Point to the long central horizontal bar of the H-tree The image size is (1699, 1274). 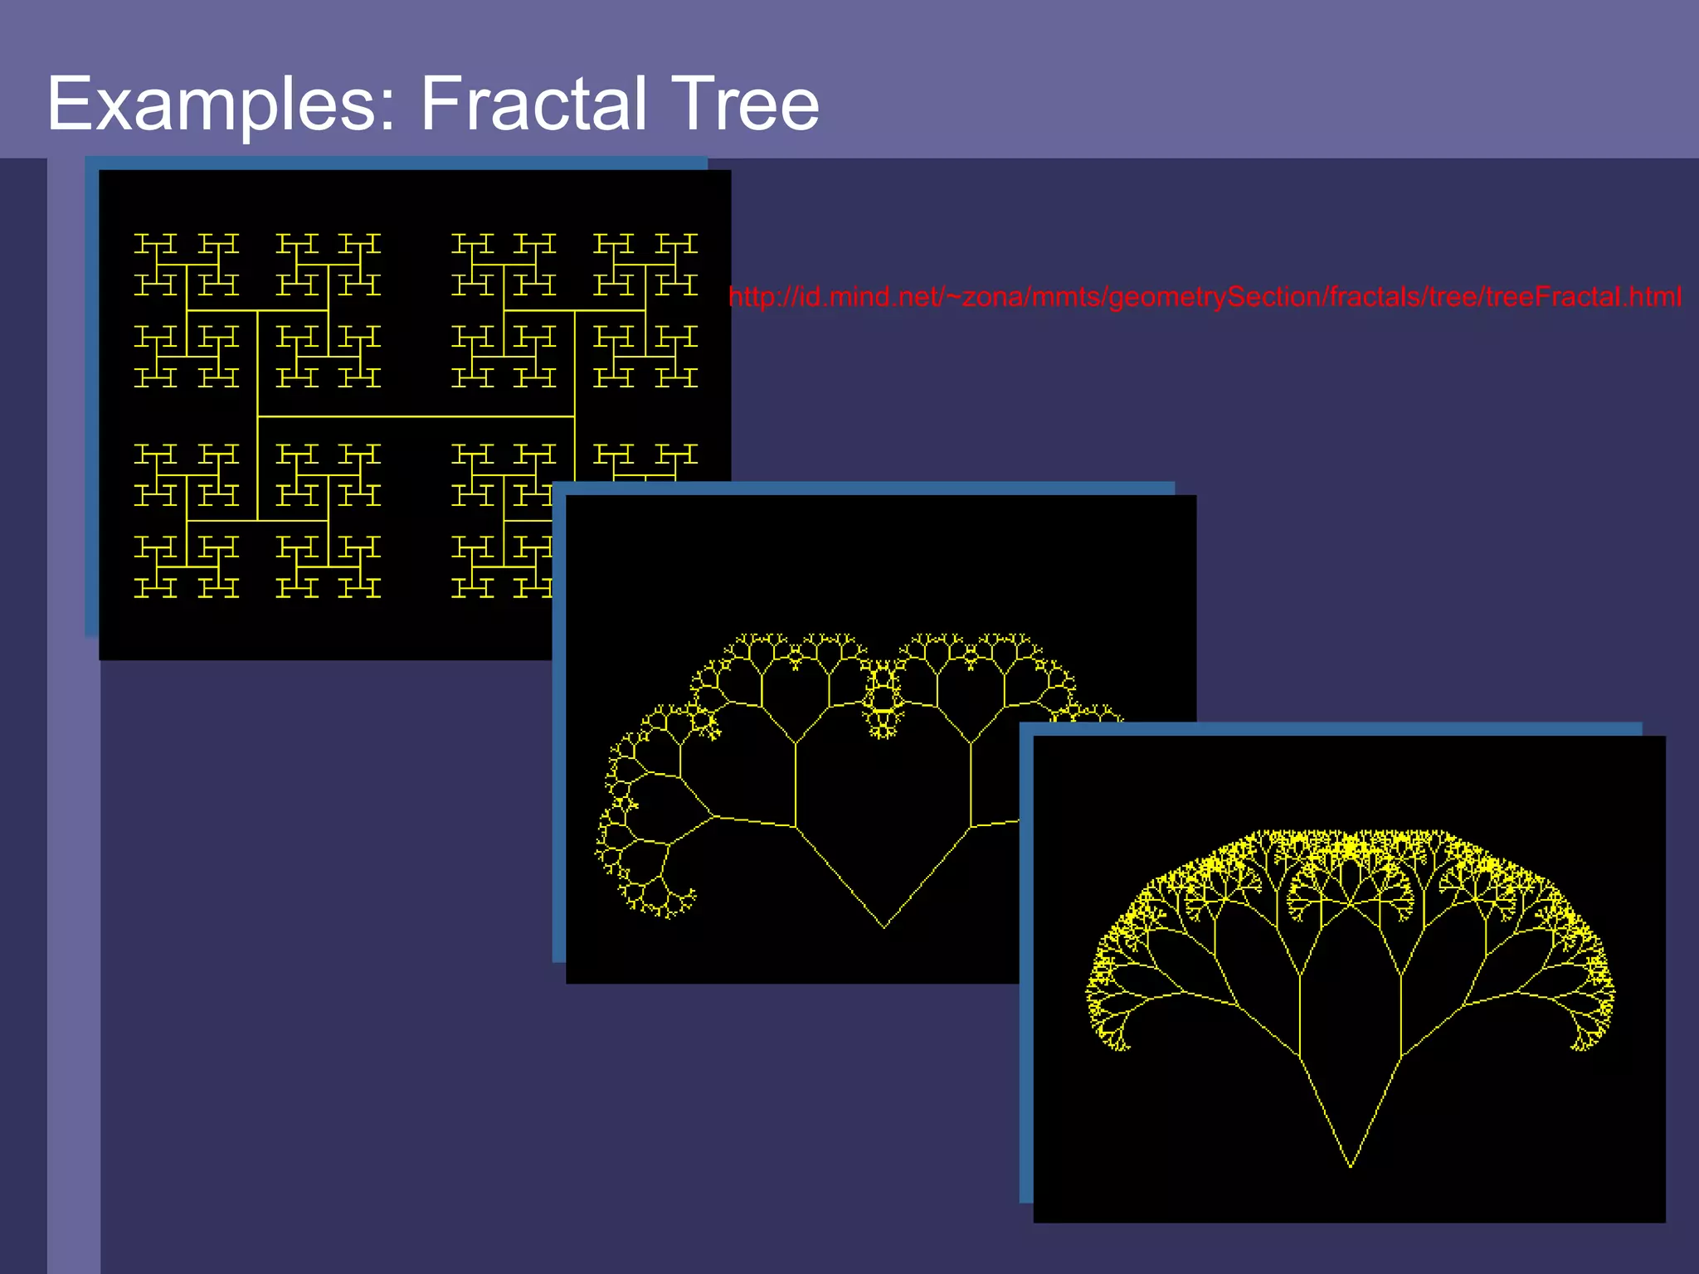click(x=416, y=416)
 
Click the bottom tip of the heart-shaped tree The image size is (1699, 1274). click(x=884, y=926)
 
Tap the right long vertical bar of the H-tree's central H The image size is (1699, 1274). click(x=574, y=365)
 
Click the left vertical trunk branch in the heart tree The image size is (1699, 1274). click(x=796, y=784)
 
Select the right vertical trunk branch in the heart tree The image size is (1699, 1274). click(x=971, y=784)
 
